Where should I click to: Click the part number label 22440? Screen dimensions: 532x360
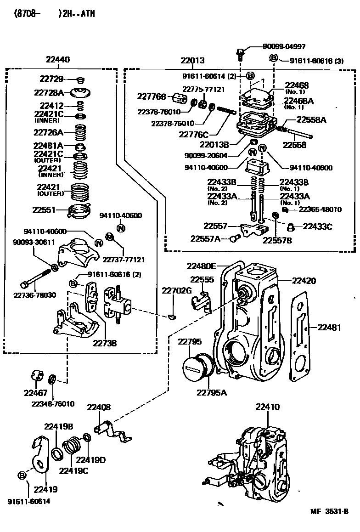(x=58, y=60)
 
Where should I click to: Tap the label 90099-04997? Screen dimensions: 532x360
(x=284, y=46)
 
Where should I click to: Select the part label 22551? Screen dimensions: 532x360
(x=44, y=210)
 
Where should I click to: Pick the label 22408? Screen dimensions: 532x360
(x=99, y=407)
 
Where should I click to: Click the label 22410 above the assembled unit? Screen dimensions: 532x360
(x=267, y=407)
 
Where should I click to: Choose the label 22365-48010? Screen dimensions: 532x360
(x=320, y=209)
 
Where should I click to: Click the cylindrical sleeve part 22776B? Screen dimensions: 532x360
(x=179, y=98)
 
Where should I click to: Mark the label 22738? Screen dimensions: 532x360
(x=105, y=343)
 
